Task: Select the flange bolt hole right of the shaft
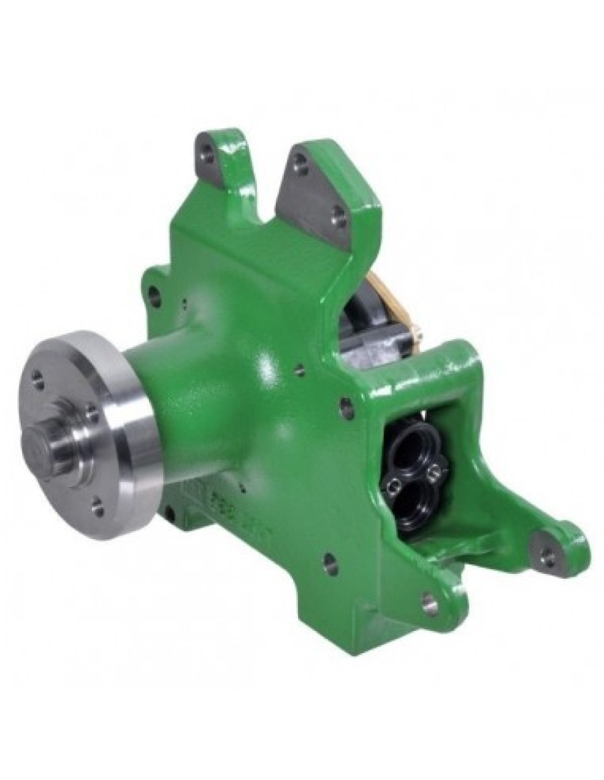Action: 92,419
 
